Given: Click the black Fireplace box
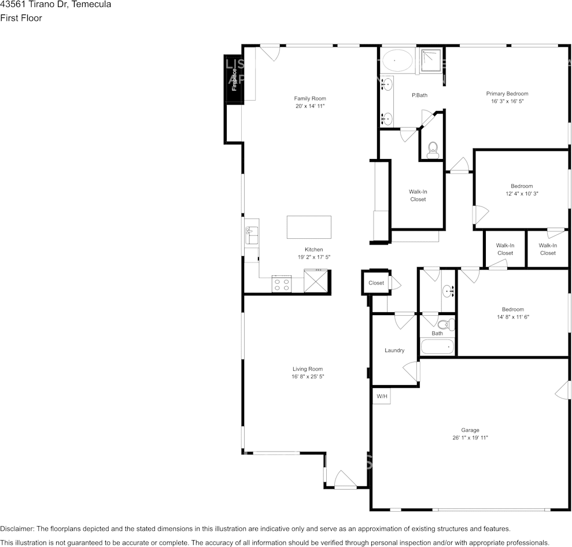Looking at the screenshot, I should pyautogui.click(x=234, y=80).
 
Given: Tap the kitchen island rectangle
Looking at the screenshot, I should pyautogui.click(x=309, y=227).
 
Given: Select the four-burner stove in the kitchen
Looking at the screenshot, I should pyautogui.click(x=282, y=284).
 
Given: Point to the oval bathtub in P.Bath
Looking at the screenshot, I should pyautogui.click(x=396, y=60).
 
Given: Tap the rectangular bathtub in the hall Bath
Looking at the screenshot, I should pyautogui.click(x=437, y=348).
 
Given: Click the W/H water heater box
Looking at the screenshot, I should pyautogui.click(x=382, y=397).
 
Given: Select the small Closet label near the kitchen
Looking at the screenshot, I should pyautogui.click(x=376, y=283).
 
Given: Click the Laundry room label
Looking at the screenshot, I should pyautogui.click(x=394, y=350).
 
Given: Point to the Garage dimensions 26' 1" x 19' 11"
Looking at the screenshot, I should pyautogui.click(x=470, y=438).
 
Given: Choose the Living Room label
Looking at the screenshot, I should pyautogui.click(x=307, y=369).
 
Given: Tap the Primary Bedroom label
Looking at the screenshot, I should pyautogui.click(x=507, y=94).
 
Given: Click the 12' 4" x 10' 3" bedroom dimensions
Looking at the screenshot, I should pyautogui.click(x=522, y=194).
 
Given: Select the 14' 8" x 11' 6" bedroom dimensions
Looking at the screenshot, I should pyautogui.click(x=512, y=317).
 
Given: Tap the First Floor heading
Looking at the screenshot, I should pyautogui.click(x=21, y=18).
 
